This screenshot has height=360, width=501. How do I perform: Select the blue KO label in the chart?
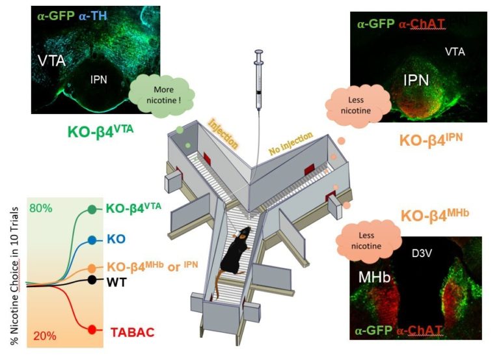pos(116,239)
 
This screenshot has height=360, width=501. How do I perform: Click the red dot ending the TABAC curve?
pos(92,329)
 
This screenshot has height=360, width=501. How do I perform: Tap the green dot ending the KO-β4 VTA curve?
pos(92,210)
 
